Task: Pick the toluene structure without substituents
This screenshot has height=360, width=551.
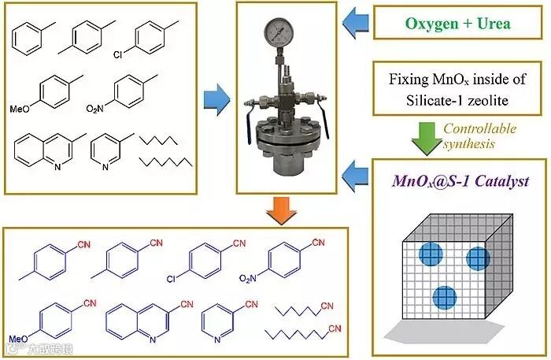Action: (x=30, y=39)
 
